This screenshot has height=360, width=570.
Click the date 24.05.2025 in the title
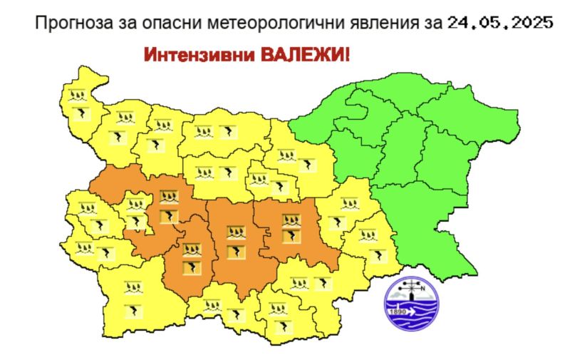click(x=500, y=22)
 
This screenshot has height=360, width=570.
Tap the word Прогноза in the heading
click(x=67, y=22)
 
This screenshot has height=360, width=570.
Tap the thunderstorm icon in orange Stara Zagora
click(x=290, y=236)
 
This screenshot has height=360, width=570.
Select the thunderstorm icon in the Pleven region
click(x=227, y=131)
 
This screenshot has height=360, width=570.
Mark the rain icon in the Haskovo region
click(x=304, y=282)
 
